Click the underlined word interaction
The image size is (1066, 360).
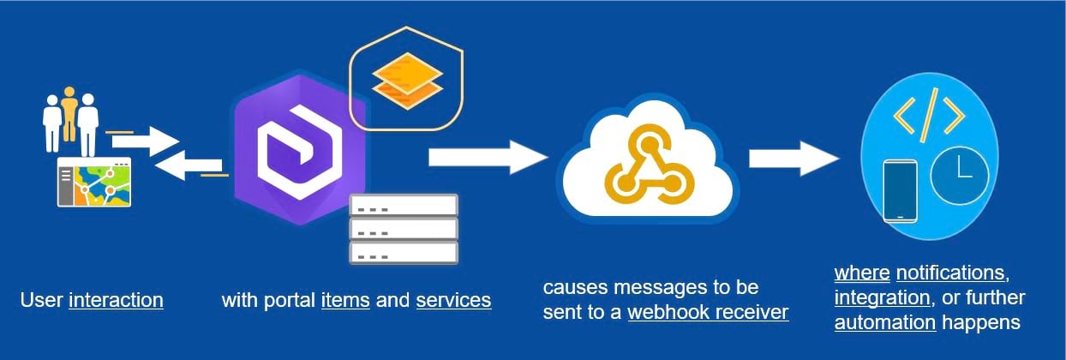[116, 301]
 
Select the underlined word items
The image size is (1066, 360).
[345, 301]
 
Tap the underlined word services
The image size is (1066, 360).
[453, 301]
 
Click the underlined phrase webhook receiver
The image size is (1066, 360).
[708, 313]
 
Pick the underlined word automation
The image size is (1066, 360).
[884, 323]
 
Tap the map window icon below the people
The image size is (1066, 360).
[94, 182]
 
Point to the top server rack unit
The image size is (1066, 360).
[404, 206]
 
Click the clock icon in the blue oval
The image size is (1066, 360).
[960, 176]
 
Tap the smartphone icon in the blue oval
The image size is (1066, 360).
[900, 190]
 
